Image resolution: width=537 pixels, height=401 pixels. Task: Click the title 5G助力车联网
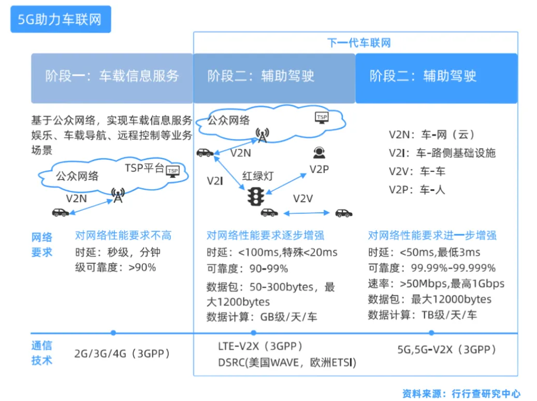pyautogui.click(x=60, y=20)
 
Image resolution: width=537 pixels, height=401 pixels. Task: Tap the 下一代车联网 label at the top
pyautogui.click(x=359, y=43)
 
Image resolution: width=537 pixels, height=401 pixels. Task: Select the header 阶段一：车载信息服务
pyautogui.click(x=112, y=76)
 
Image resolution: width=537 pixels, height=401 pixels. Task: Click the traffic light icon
pyautogui.click(x=256, y=196)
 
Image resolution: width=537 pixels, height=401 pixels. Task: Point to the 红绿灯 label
pyautogui.click(x=257, y=176)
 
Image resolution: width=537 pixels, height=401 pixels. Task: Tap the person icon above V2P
pyautogui.click(x=319, y=153)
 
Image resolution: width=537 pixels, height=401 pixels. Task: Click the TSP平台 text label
pyautogui.click(x=144, y=168)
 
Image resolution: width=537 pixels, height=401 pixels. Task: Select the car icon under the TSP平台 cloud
pyautogui.click(x=61, y=212)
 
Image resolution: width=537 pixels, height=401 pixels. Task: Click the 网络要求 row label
pyautogui.click(x=42, y=245)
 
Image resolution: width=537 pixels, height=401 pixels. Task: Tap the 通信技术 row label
pyautogui.click(x=42, y=353)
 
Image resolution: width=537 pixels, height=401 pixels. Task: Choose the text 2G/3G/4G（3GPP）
pyautogui.click(x=122, y=354)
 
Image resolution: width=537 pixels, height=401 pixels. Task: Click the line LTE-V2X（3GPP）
pyautogui.click(x=260, y=346)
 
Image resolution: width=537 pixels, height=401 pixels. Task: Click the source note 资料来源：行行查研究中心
pyautogui.click(x=461, y=394)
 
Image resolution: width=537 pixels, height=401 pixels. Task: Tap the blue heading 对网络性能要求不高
pyautogui.click(x=123, y=236)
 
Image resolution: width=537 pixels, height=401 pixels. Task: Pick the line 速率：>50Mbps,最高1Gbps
pyautogui.click(x=436, y=284)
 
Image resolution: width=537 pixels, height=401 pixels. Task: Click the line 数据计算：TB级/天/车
pyautogui.click(x=423, y=315)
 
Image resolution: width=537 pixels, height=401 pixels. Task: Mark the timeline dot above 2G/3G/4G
pyautogui.click(x=113, y=333)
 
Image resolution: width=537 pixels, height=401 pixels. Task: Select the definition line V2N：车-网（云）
pyautogui.click(x=432, y=135)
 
